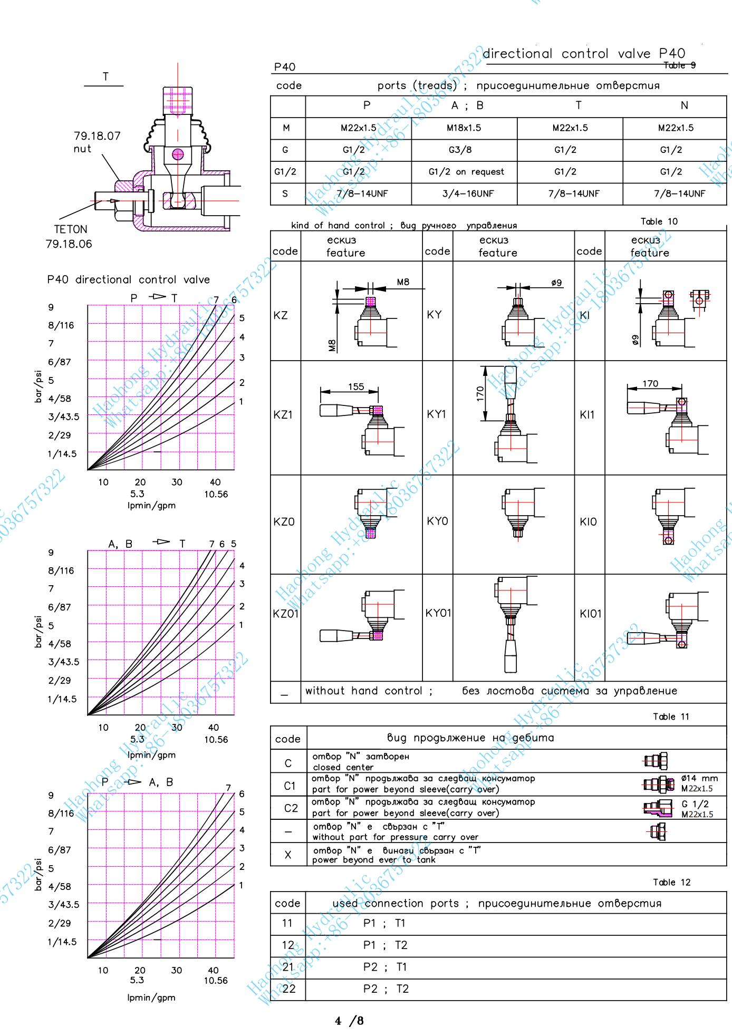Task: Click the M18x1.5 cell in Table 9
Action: [x=464, y=128]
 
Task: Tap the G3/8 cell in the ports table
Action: [x=460, y=150]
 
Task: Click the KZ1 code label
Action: [x=283, y=414]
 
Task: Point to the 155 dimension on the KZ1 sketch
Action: [x=356, y=386]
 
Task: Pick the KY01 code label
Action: [x=438, y=613]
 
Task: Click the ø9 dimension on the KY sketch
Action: [x=556, y=283]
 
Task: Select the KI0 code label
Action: [x=588, y=521]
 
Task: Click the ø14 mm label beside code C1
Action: [x=699, y=778]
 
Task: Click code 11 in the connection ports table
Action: [x=287, y=923]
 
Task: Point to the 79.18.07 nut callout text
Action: [x=97, y=142]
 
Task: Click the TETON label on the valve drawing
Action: [x=71, y=229]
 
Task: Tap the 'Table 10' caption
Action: [x=659, y=221]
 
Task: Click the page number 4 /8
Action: [x=349, y=1021]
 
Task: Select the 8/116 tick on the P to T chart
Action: [x=61, y=325]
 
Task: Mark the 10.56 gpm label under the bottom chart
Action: [x=216, y=981]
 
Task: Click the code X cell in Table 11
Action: [x=288, y=855]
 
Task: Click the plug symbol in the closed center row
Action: [x=656, y=761]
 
